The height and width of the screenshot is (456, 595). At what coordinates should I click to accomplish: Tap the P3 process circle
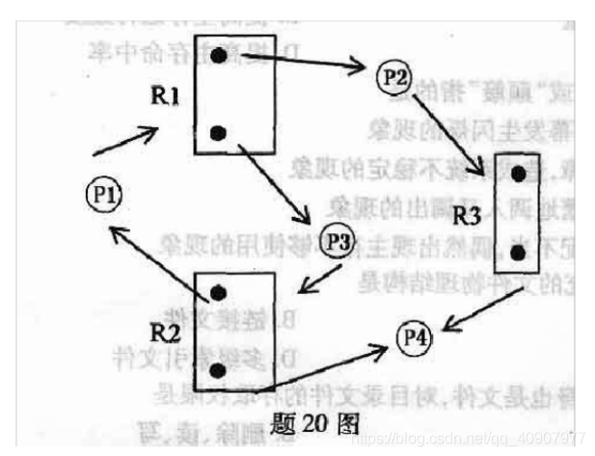(338, 241)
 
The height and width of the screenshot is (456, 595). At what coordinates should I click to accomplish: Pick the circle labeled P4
(416, 337)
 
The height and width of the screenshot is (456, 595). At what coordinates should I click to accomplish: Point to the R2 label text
(168, 333)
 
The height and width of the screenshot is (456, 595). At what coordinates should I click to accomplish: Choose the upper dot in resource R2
(220, 291)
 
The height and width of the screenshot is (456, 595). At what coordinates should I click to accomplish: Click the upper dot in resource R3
(519, 174)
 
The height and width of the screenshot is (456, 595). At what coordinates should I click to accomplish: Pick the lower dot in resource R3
(519, 254)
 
